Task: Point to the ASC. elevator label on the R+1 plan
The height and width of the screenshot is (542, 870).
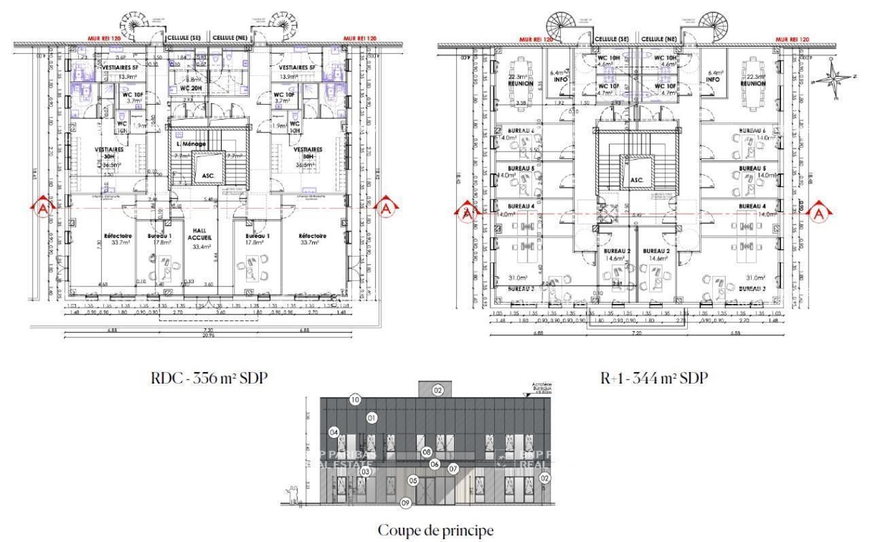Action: [x=636, y=180]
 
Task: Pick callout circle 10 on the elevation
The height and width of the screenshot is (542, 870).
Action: [x=355, y=400]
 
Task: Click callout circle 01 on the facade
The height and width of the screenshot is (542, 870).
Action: [x=371, y=418]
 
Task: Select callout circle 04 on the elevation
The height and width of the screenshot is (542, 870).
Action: [x=334, y=433]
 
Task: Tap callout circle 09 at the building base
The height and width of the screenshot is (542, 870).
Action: [x=406, y=503]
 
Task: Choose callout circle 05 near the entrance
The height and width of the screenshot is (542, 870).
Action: [x=413, y=480]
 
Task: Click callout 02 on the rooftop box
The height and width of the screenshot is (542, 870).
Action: [x=438, y=390]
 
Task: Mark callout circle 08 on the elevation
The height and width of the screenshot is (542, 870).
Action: [x=426, y=452]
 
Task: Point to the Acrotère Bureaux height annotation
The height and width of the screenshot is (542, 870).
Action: [x=539, y=388]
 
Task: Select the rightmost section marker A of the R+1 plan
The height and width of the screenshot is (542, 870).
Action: [x=818, y=211]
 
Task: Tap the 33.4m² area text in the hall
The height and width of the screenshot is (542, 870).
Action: [x=200, y=247]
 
